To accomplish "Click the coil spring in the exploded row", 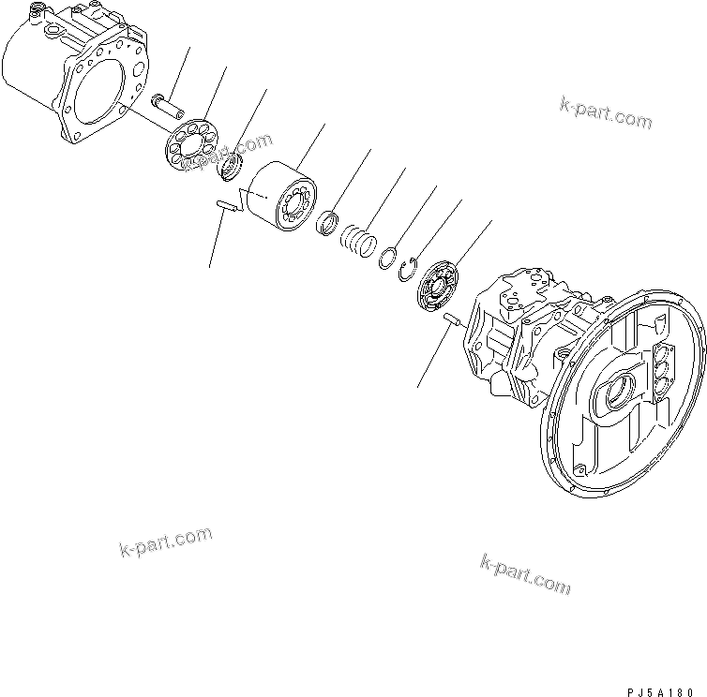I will tap(357, 241).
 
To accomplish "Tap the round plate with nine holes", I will tap(192, 140).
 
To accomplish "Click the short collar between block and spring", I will tap(326, 223).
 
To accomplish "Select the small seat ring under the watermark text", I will tap(231, 170).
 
